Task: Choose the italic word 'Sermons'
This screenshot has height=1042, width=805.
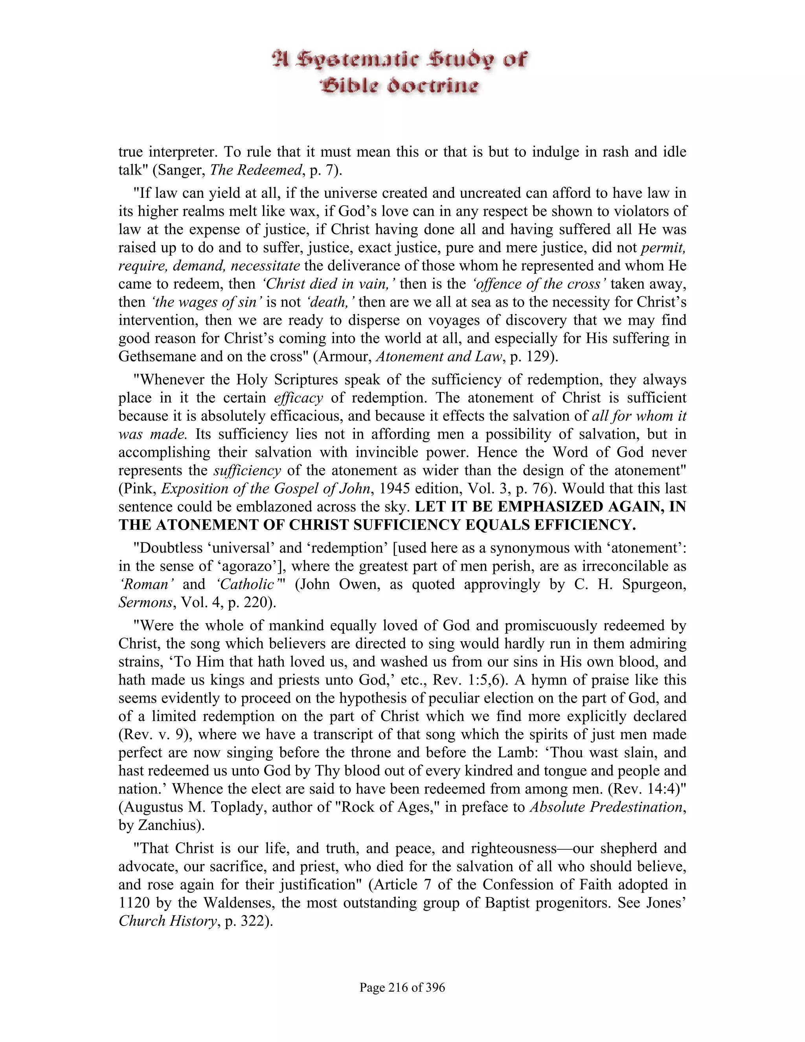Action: [145, 602]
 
